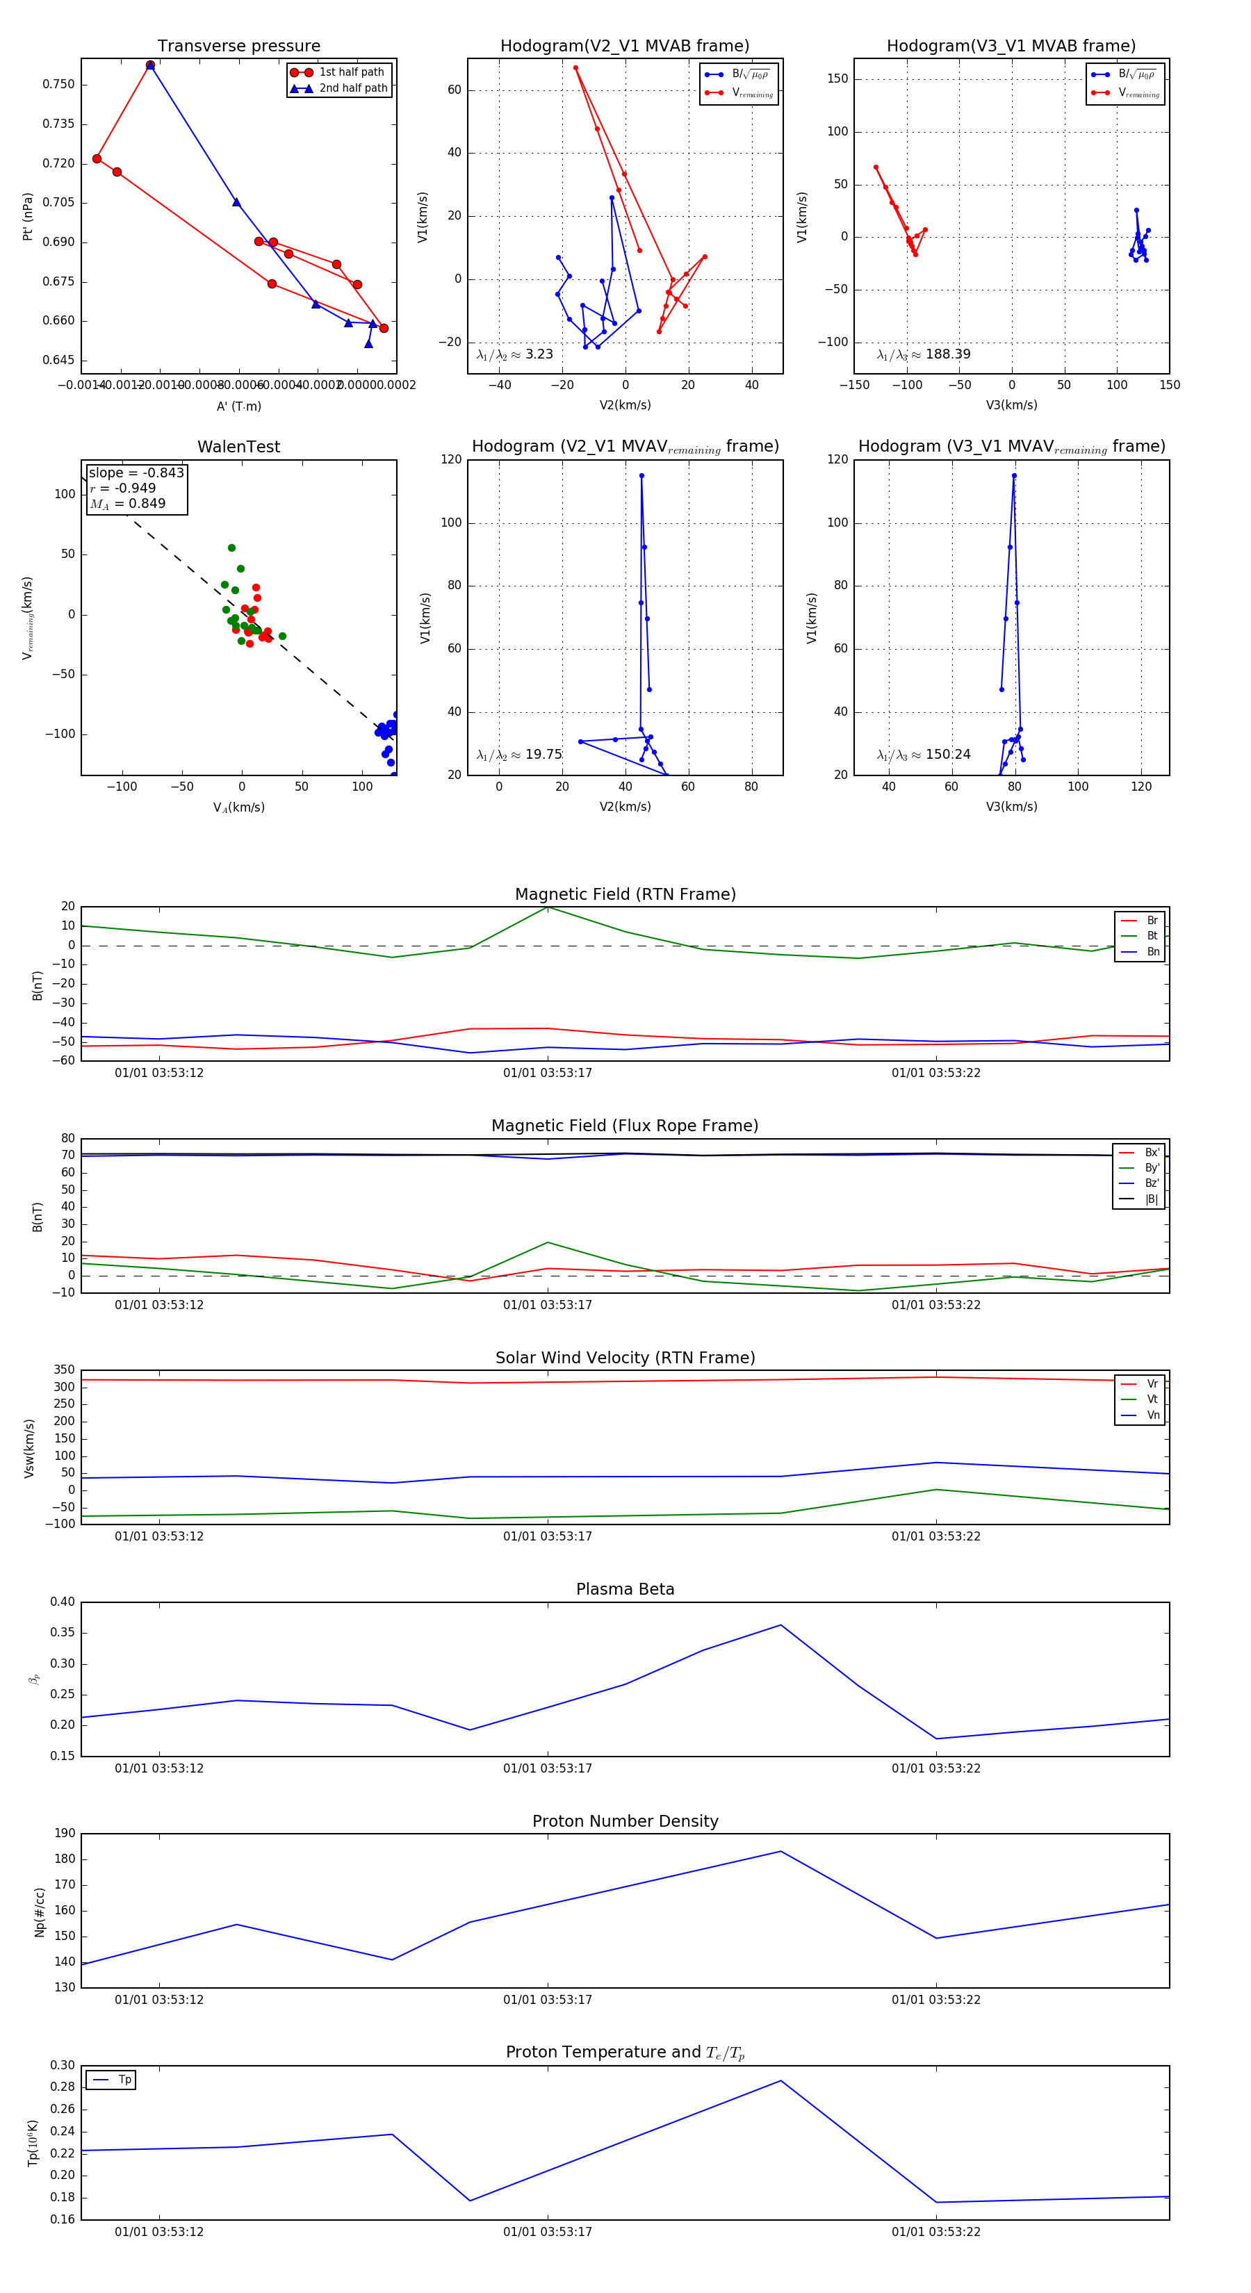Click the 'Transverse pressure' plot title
(238, 47)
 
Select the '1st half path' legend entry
(351, 72)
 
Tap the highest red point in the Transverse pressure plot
(151, 65)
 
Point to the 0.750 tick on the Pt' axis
(59, 85)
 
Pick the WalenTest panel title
(238, 447)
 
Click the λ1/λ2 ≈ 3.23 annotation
(514, 354)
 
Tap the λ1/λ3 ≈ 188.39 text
(924, 354)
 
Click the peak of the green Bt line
(548, 907)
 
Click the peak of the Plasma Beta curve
(781, 1625)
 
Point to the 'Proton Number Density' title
(625, 1821)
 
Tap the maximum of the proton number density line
(781, 1852)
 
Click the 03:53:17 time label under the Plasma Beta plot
(548, 1768)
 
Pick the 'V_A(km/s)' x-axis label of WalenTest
(238, 807)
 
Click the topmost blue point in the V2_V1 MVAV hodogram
(641, 476)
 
